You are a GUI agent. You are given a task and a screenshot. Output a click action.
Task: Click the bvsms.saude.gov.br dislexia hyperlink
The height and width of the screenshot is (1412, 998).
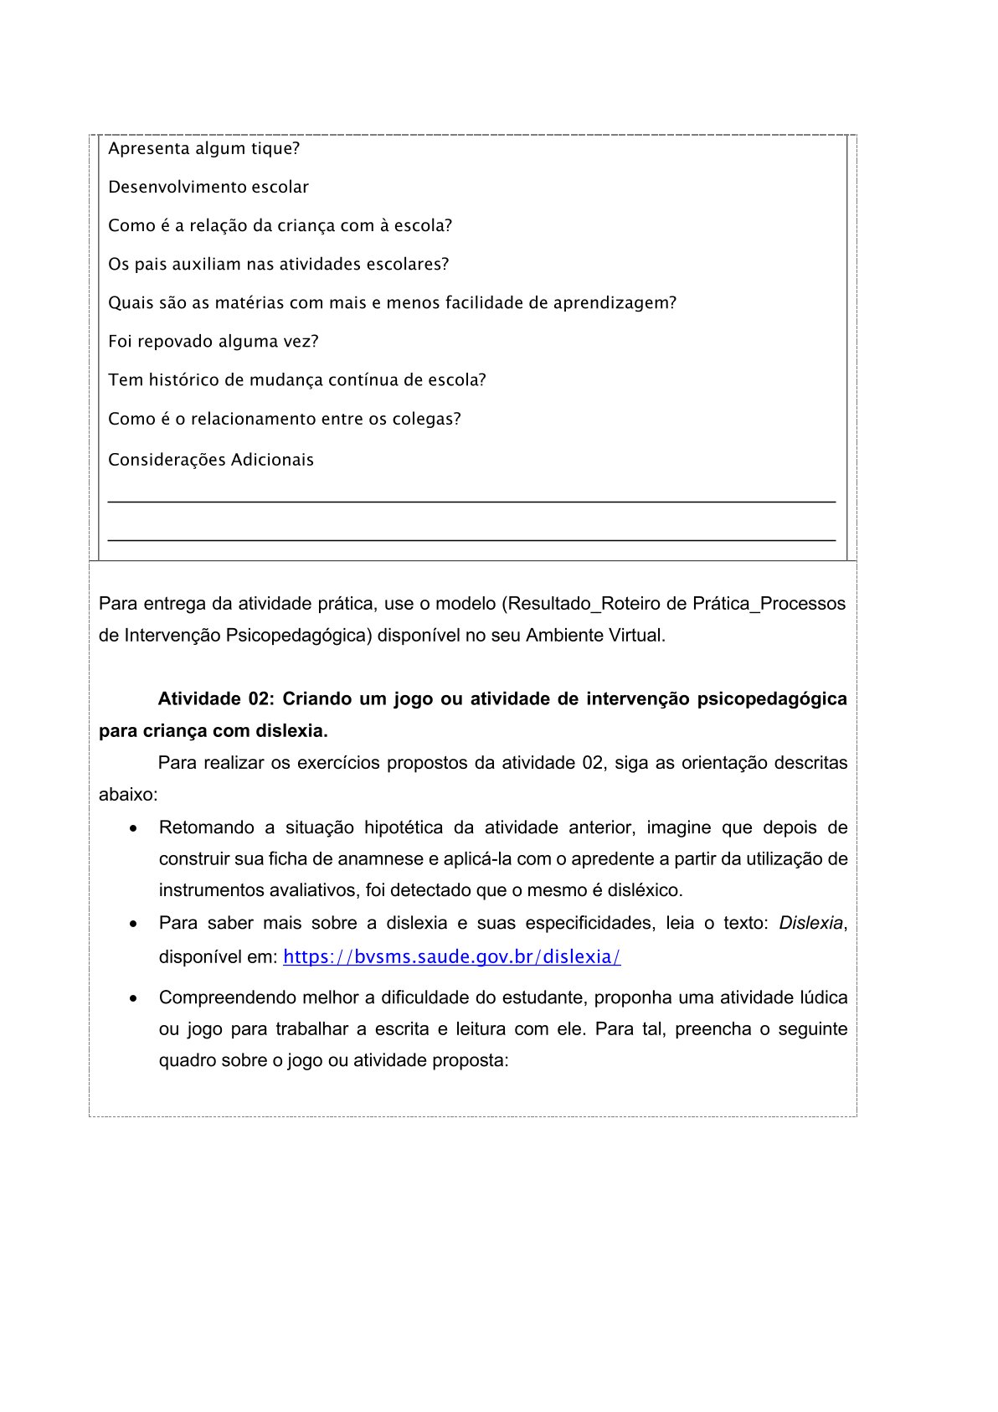451,956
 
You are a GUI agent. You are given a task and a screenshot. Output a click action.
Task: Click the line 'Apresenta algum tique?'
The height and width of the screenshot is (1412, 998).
203,149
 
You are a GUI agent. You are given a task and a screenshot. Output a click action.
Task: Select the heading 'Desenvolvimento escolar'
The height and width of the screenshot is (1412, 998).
208,188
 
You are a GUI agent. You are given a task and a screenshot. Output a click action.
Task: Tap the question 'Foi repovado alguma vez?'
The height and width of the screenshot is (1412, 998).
213,342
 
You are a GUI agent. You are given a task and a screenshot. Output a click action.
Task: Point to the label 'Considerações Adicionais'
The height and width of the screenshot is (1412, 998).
211,460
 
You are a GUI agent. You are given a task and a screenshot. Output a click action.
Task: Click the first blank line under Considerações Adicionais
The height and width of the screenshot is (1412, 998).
471,500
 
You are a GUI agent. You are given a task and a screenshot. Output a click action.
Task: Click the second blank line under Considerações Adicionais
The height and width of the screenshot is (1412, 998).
471,539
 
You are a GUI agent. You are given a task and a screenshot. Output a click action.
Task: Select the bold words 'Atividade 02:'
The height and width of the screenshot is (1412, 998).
216,699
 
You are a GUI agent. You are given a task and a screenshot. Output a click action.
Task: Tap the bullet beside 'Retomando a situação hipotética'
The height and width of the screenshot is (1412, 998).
133,828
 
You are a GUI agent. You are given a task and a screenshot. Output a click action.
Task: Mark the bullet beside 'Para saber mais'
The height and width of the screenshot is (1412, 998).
133,924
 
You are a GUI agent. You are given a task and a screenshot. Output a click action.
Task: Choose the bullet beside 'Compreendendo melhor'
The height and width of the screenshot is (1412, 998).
133,998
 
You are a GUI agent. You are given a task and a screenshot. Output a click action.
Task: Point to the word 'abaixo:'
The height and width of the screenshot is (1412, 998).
128,795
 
